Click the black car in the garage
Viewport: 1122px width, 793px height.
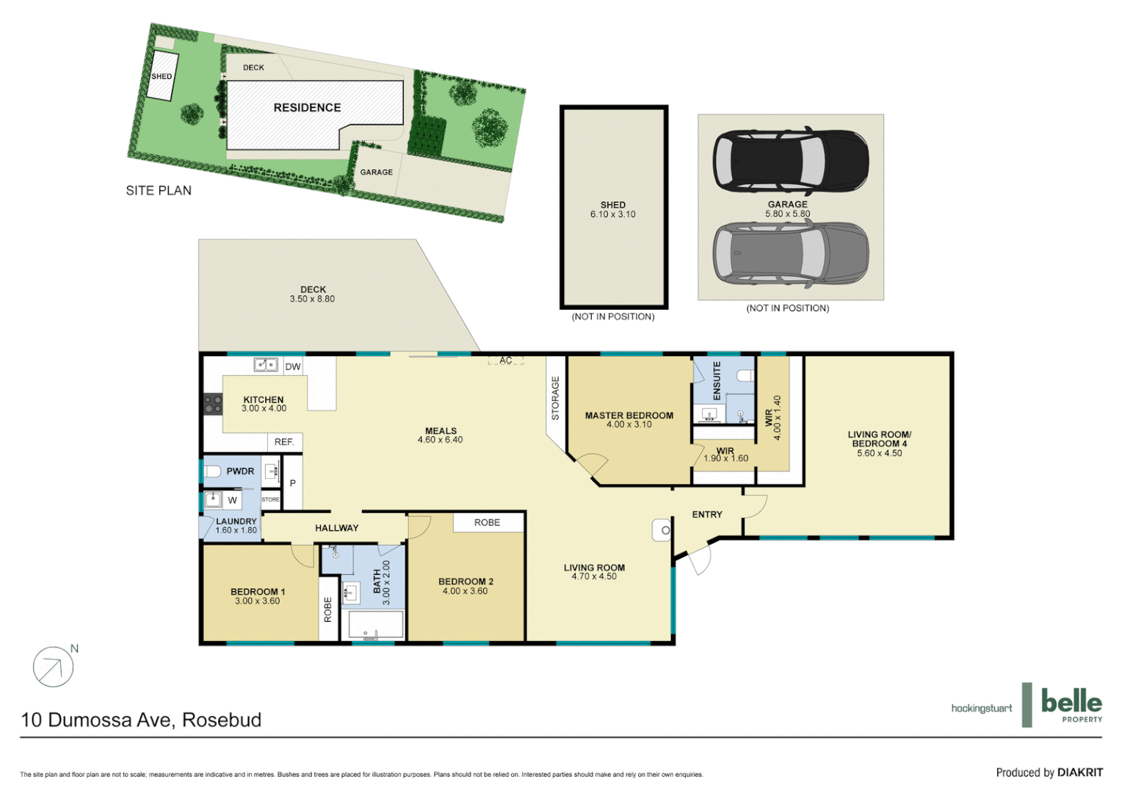coord(791,161)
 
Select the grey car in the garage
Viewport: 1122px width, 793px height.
coord(791,252)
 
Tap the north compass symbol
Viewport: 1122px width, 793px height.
coord(54,667)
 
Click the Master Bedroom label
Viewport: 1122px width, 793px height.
coord(629,416)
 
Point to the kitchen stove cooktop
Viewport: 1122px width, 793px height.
coord(213,404)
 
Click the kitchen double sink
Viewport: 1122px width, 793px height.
coord(265,365)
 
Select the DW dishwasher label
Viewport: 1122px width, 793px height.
coord(293,366)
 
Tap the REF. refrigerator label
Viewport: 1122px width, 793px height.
coord(284,442)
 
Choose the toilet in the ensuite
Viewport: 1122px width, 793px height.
coord(745,376)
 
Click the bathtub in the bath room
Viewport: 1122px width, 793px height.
coord(375,625)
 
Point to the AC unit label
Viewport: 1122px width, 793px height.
coord(506,361)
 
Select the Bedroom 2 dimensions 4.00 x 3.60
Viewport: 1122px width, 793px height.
coord(465,591)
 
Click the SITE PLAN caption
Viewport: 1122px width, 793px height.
coord(159,191)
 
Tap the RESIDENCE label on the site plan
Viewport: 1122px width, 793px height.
coord(307,108)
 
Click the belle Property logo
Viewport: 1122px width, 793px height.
coord(1071,705)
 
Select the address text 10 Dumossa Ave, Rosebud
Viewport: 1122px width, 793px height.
coord(141,720)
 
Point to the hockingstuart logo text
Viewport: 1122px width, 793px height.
coord(981,709)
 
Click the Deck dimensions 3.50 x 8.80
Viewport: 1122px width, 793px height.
coord(312,299)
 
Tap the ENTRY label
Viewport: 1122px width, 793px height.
coord(707,515)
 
